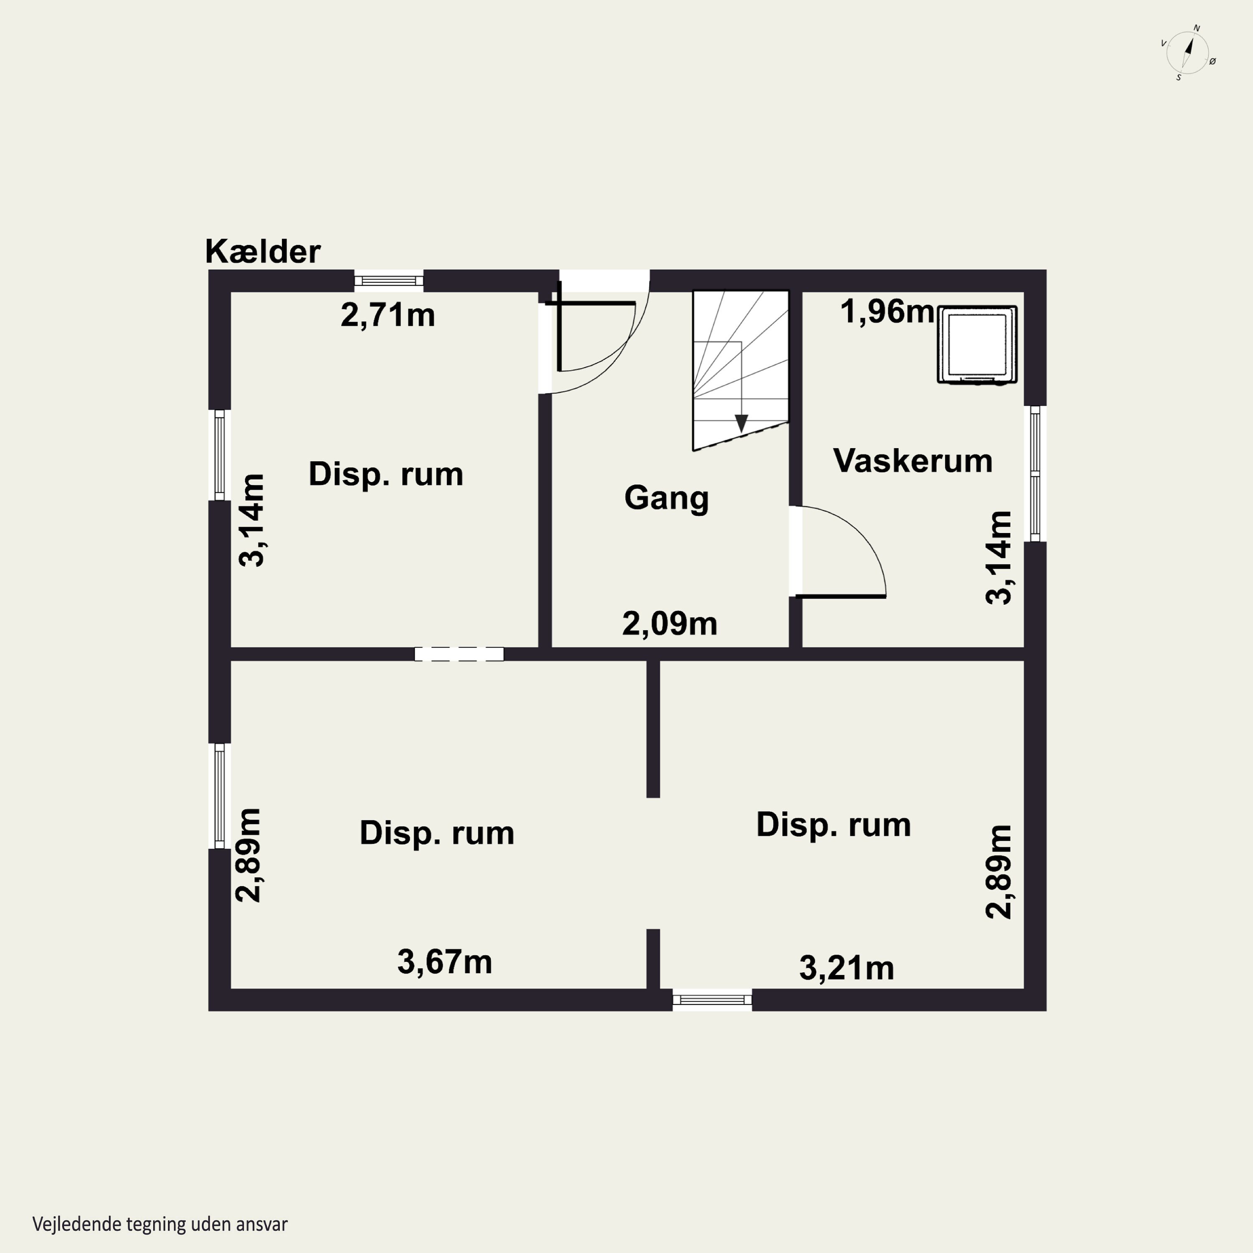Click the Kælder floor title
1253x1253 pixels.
(x=263, y=251)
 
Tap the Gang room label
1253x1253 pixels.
(x=666, y=499)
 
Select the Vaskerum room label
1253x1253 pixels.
(x=913, y=461)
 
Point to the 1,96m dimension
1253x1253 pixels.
(x=887, y=312)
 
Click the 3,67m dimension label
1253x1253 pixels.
(x=445, y=962)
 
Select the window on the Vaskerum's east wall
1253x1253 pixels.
(x=1035, y=474)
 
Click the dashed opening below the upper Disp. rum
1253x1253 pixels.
(x=459, y=654)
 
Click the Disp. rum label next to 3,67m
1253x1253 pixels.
(x=437, y=833)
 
